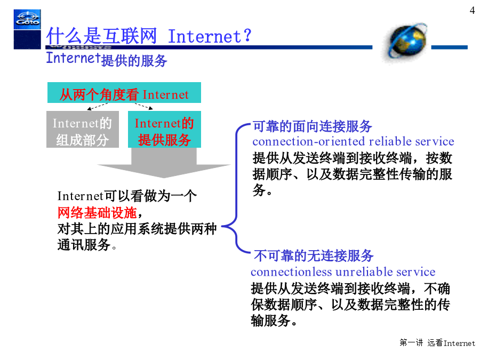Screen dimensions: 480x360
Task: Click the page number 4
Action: click(x=472, y=11)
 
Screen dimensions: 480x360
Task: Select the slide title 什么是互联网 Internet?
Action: click(x=149, y=36)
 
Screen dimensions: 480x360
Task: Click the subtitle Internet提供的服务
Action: click(x=107, y=59)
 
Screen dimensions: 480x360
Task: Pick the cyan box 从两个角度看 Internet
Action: click(x=124, y=92)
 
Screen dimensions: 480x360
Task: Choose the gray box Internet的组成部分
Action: click(x=83, y=129)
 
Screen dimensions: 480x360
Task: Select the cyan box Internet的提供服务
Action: click(x=164, y=129)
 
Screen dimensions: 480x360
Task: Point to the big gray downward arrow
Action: click(x=164, y=163)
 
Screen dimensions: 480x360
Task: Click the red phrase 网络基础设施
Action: click(x=97, y=212)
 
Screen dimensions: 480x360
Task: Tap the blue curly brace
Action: click(x=236, y=188)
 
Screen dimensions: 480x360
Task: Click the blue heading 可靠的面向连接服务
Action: click(x=312, y=126)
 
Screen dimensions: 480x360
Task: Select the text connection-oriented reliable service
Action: click(x=353, y=141)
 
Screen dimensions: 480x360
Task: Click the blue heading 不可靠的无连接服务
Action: click(x=314, y=255)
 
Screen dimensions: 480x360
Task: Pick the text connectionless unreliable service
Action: click(x=343, y=272)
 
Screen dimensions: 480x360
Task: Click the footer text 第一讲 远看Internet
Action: click(x=437, y=342)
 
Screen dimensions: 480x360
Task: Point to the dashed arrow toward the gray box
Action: click(x=98, y=107)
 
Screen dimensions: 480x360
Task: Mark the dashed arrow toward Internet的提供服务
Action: click(x=143, y=106)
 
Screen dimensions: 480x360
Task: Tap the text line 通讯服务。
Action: click(x=87, y=245)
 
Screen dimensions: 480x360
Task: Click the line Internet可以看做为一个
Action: click(x=127, y=196)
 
